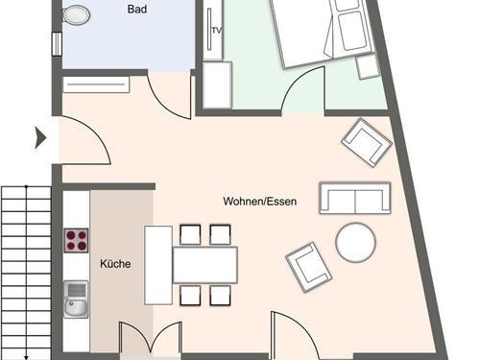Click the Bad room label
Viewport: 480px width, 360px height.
click(137, 9)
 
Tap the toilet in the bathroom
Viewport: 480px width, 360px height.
click(76, 14)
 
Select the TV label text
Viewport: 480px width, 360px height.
click(217, 31)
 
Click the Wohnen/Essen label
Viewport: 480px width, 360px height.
click(260, 202)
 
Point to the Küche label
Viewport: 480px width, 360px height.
click(115, 264)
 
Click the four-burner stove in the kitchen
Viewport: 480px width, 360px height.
click(76, 241)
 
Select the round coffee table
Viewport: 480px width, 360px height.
click(355, 242)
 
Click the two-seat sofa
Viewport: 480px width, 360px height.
click(355, 198)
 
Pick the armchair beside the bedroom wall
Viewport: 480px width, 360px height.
click(367, 142)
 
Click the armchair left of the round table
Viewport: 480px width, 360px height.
click(308, 268)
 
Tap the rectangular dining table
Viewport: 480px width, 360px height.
click(205, 265)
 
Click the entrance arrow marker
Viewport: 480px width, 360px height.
click(40, 138)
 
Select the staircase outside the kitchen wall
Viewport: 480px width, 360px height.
click(26, 273)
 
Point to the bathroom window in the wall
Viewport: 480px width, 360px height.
click(57, 44)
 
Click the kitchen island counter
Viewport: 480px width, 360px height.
click(158, 265)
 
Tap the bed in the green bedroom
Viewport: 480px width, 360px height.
click(322, 31)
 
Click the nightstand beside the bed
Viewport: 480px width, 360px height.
click(368, 66)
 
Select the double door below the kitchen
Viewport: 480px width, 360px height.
click(151, 340)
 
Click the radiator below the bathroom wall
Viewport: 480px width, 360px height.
click(96, 84)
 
